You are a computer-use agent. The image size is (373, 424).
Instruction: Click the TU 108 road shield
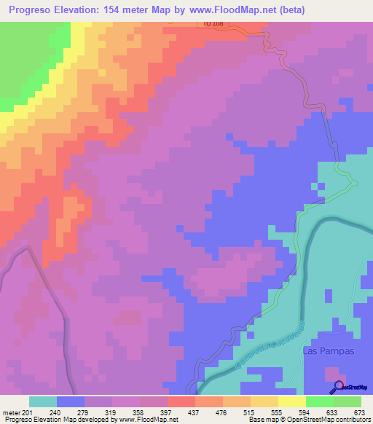coord(210,24)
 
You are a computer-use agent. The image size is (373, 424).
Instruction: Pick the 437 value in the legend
coord(180,412)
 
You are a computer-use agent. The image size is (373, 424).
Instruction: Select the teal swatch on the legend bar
coord(42,401)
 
